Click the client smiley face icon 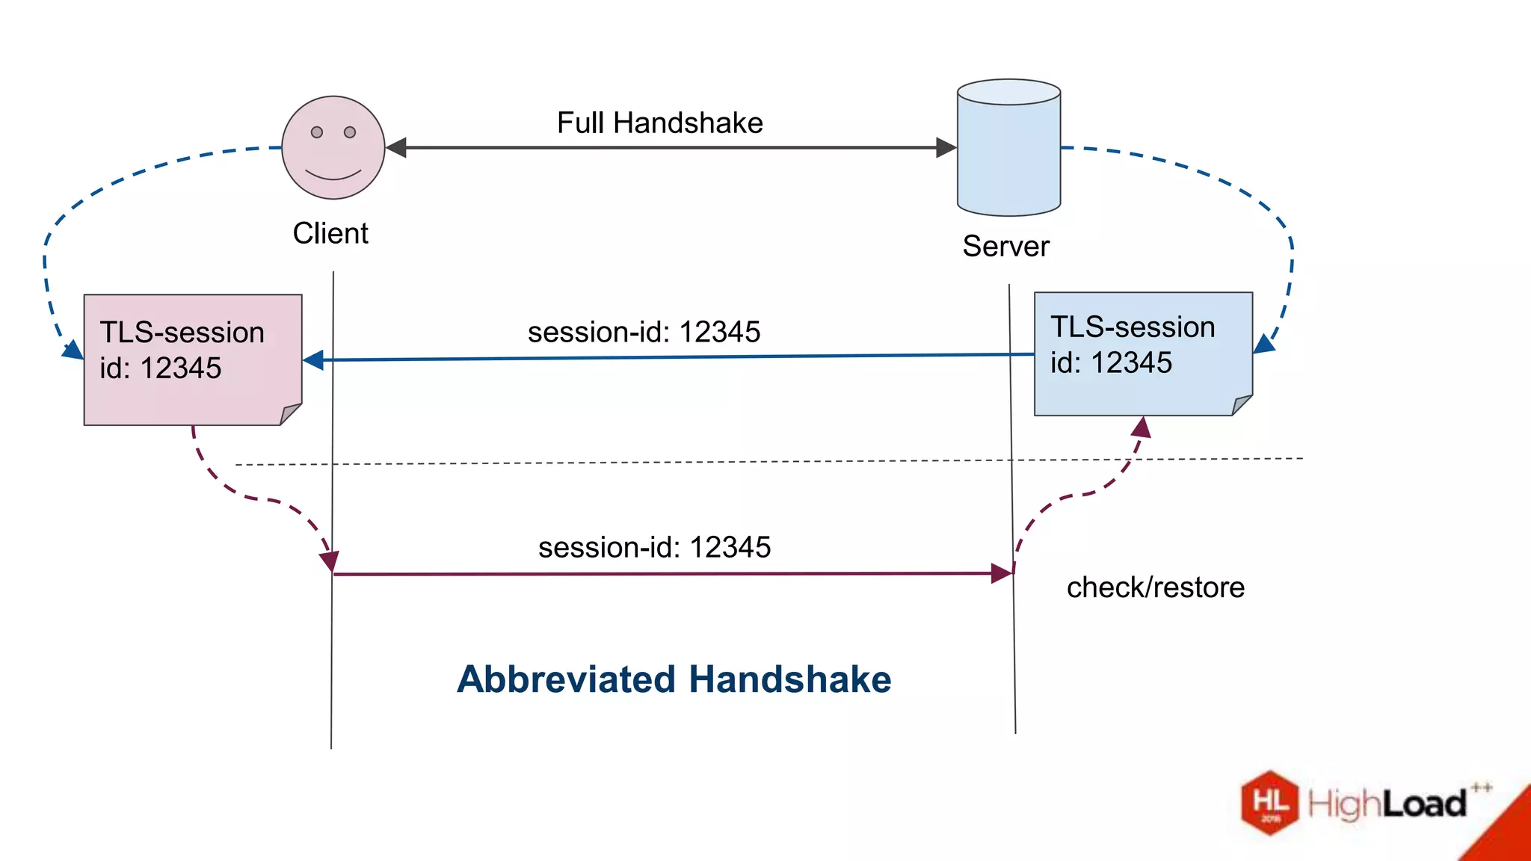point(333,148)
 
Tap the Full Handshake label point(659,123)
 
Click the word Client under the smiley point(330,233)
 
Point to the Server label point(1005,246)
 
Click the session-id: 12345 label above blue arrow point(644,332)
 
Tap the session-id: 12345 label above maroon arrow point(654,547)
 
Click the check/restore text point(1155,587)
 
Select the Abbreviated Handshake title point(674,679)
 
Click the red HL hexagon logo point(1270,803)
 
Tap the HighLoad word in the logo point(1387,804)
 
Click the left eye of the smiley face point(317,132)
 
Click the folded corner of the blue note point(1241,405)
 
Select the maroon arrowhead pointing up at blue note point(1142,428)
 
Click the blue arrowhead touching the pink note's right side point(313,360)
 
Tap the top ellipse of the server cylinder point(1008,92)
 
